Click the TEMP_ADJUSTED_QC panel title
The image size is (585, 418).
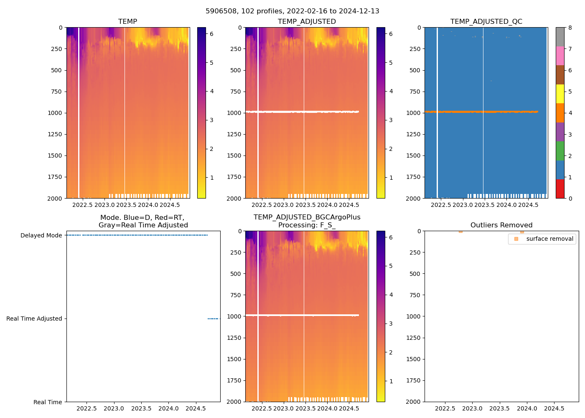[486, 21]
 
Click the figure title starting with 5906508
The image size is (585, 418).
[292, 11]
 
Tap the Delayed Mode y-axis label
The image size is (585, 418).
[41, 235]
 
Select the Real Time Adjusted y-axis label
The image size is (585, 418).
[34, 319]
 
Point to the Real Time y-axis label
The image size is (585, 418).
[48, 402]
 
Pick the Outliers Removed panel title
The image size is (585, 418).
[501, 225]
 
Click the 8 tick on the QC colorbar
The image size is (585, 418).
[570, 28]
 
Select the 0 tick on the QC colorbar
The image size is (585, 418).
[570, 198]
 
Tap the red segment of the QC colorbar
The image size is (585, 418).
[560, 189]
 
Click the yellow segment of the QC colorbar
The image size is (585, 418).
[560, 94]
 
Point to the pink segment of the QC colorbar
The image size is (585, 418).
[560, 56]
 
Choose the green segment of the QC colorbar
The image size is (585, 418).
[560, 150]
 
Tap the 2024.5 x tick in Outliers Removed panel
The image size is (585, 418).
[554, 408]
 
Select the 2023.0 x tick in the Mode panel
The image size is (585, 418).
[114, 408]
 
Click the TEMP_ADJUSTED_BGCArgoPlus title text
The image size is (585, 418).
[307, 217]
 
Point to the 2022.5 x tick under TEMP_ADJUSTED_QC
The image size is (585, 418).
[441, 205]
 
